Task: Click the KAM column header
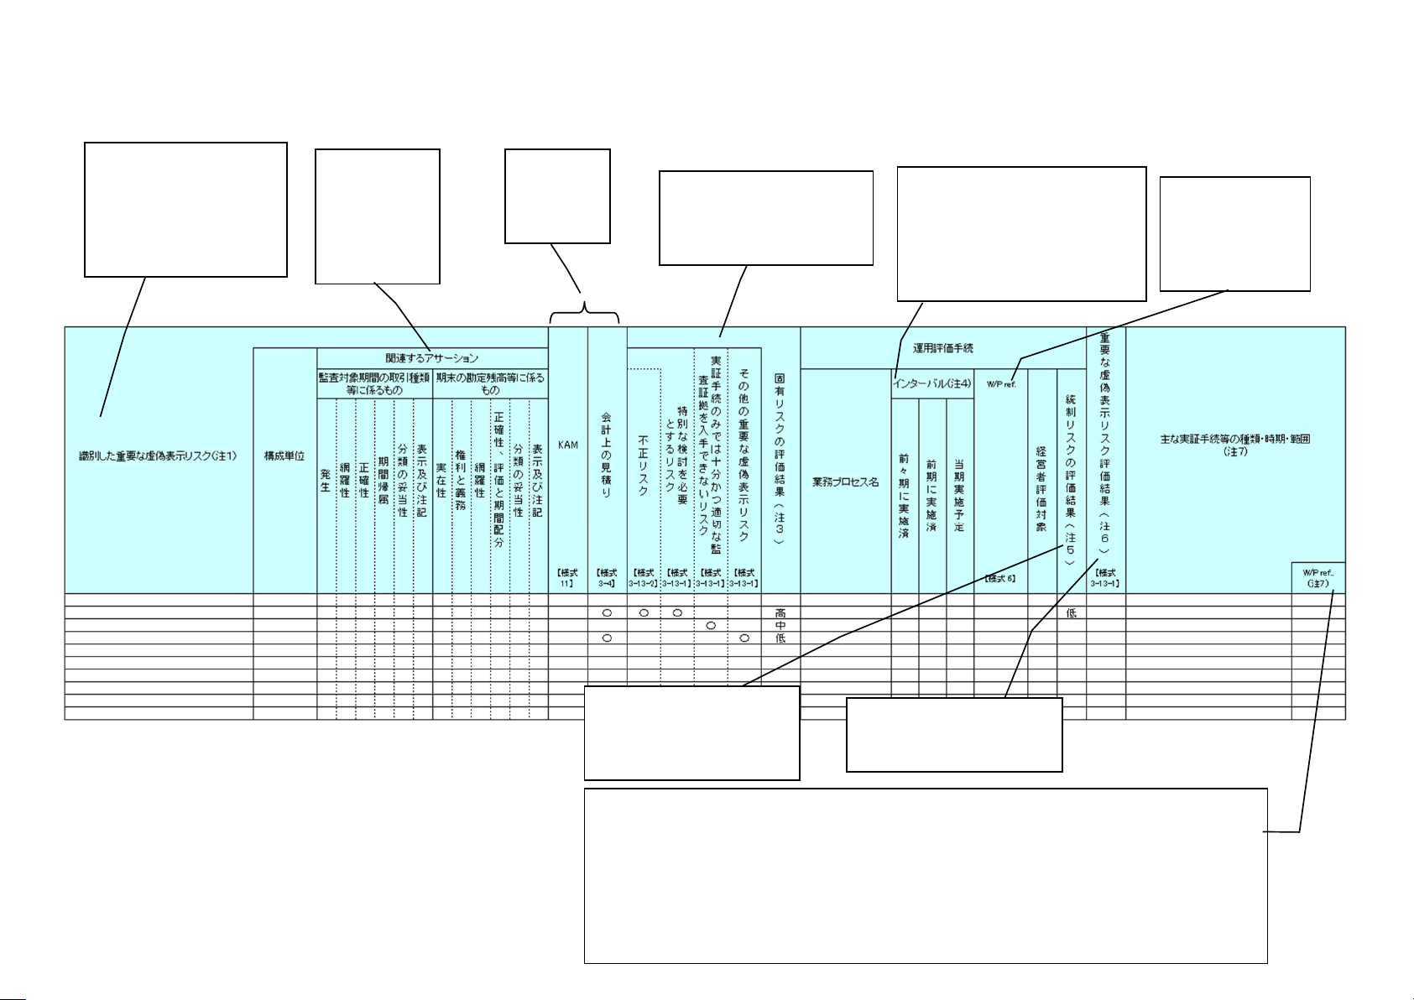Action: [x=568, y=445]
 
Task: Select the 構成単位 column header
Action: [x=284, y=456]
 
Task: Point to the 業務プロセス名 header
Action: [x=845, y=483]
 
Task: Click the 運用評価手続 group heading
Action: [x=943, y=346]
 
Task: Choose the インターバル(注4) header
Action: [x=931, y=383]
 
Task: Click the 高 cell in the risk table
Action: [x=780, y=613]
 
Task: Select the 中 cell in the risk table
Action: [x=780, y=626]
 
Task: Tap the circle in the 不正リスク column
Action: [x=644, y=613]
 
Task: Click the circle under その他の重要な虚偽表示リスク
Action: [x=744, y=638]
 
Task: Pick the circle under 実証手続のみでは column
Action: [x=711, y=626]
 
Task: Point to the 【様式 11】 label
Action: [x=568, y=579]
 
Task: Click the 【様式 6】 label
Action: [x=1000, y=578]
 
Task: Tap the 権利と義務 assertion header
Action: [x=460, y=482]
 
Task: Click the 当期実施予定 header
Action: [x=959, y=495]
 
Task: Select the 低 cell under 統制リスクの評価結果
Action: [x=1071, y=613]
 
